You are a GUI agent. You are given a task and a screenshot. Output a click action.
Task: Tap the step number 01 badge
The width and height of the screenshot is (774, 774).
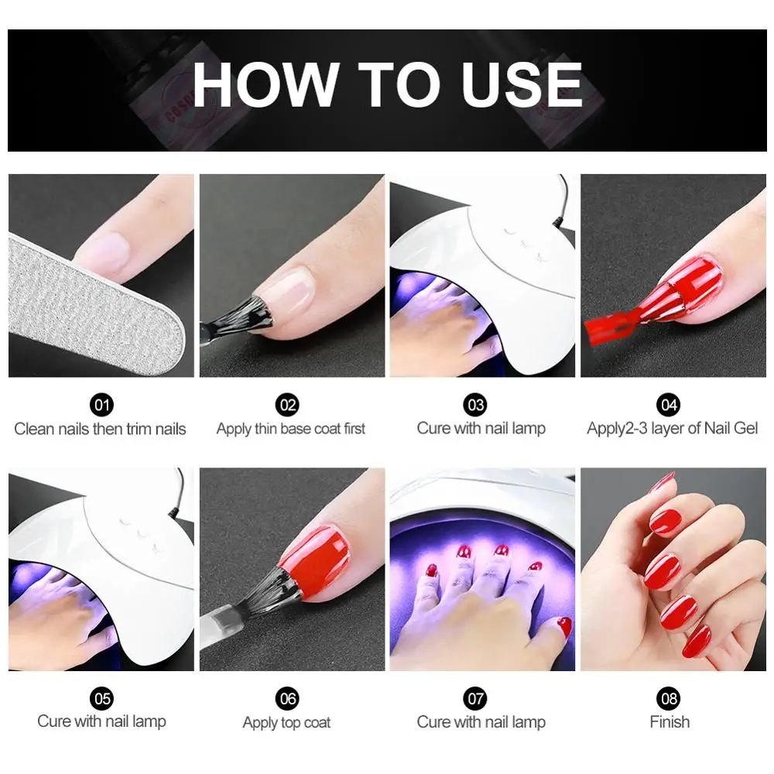pos(101,404)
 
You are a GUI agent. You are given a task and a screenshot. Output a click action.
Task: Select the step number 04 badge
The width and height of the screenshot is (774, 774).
pos(669,404)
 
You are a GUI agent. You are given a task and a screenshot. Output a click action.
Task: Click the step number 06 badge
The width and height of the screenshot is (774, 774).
pos(288,698)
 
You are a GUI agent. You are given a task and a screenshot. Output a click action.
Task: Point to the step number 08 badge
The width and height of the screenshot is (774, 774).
pos(669,698)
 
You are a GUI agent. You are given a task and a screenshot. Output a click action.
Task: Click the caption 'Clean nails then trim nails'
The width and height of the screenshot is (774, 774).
pos(101,429)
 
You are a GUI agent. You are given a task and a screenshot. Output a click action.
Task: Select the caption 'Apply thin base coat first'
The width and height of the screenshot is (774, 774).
pos(290,429)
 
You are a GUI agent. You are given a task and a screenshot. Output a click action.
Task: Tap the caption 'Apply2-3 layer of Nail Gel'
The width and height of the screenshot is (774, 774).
pos(672,429)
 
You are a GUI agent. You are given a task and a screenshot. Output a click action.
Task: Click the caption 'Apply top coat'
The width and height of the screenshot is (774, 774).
pos(286,723)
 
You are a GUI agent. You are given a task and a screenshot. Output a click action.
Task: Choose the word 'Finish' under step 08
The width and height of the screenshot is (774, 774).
pos(669,722)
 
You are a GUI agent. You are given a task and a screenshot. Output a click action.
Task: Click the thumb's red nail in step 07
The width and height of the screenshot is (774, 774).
pos(563,625)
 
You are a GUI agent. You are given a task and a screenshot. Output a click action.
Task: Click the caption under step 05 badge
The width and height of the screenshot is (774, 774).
pos(101,722)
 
